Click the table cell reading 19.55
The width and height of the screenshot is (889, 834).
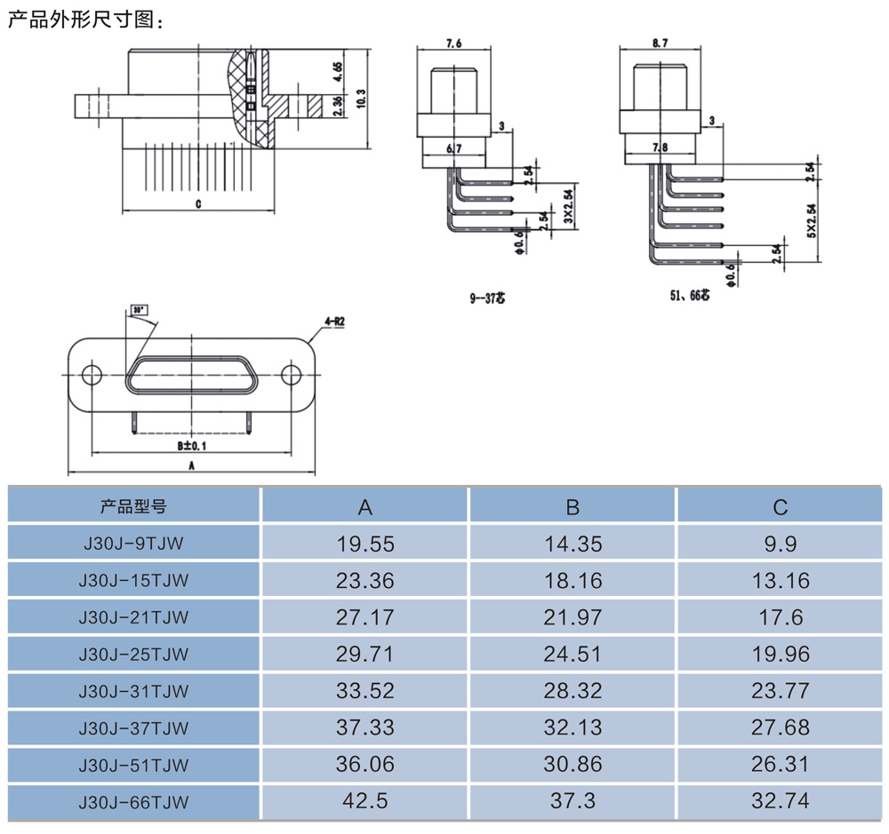pos(364,544)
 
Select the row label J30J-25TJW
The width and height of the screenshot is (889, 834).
pos(133,655)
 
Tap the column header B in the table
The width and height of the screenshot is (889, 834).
pos(573,507)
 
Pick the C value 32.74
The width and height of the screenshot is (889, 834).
pos(780,801)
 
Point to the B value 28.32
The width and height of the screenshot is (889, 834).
pos(573,691)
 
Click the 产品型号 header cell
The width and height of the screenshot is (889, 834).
pos(133,507)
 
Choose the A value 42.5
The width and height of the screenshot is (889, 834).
pos(364,801)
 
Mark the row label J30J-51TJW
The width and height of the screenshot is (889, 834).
pos(133,765)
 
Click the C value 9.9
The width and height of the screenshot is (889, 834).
pos(780,544)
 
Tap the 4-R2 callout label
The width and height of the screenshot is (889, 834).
pos(334,322)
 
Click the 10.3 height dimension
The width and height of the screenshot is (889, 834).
pos(361,98)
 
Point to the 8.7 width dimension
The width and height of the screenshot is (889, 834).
pos(660,42)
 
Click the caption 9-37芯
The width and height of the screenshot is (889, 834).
pos(486,299)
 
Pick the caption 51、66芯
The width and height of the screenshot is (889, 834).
pos(690,295)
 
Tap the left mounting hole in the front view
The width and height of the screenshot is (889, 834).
pos(92,375)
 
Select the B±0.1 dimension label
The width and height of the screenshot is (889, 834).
pos(190,444)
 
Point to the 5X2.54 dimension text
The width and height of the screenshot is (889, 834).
pos(811,221)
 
